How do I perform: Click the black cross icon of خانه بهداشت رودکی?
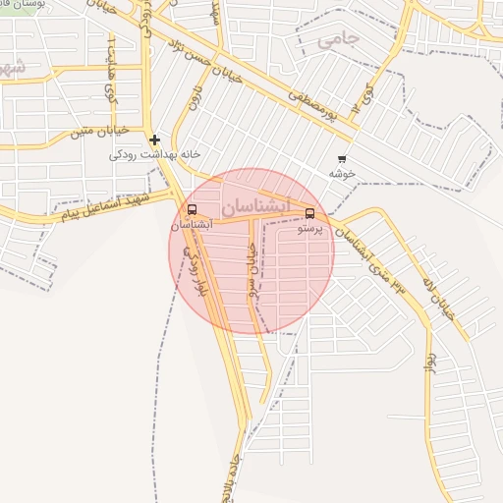click(x=154, y=140)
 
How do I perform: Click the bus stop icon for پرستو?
click(x=310, y=213)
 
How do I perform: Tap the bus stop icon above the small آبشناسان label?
click(x=191, y=209)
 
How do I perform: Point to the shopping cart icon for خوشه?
click(x=342, y=159)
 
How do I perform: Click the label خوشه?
click(x=342, y=174)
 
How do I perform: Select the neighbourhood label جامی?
click(x=340, y=39)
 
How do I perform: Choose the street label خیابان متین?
click(x=95, y=130)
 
